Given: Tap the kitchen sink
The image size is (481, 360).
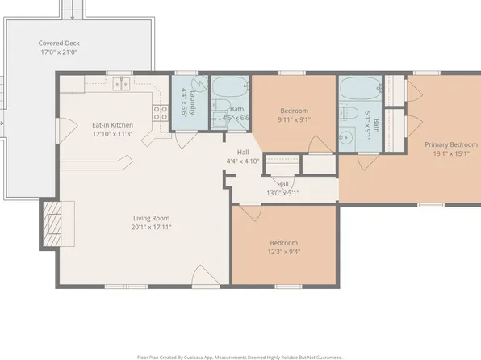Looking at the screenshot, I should click(122, 82).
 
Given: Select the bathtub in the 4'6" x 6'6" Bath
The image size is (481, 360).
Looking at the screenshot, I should click(231, 86).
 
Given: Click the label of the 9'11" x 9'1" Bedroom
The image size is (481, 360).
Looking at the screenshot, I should click(293, 111).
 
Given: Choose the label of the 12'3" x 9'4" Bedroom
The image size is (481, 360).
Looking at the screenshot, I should click(282, 243).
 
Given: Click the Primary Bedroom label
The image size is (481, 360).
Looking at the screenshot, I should click(451, 145).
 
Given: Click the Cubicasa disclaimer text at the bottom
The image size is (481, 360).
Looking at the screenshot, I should click(240, 355).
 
